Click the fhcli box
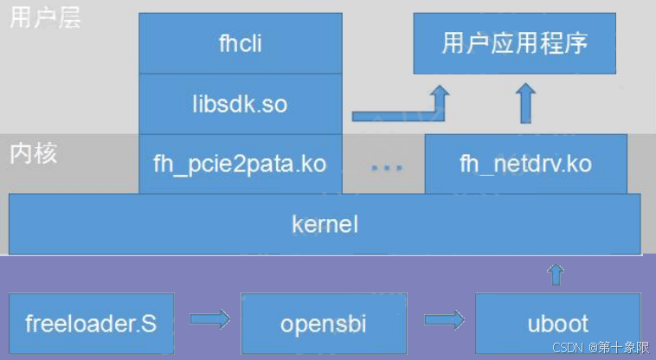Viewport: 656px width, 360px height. click(x=240, y=43)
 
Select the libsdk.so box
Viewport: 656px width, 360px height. click(x=240, y=105)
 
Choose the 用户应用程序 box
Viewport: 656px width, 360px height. click(x=514, y=43)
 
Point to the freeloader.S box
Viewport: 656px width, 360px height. click(x=91, y=325)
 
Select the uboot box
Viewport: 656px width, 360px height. click(x=557, y=325)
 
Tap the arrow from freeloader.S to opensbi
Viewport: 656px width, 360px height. click(x=209, y=321)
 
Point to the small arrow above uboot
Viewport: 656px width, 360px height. click(x=556, y=275)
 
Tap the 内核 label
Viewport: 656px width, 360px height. click(x=33, y=153)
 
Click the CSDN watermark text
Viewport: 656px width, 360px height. click(x=568, y=348)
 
